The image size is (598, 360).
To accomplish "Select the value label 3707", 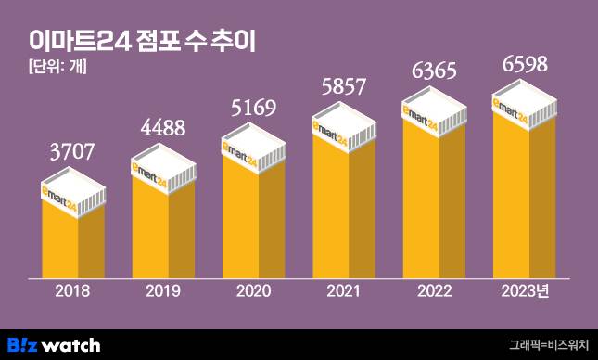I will point(72,151).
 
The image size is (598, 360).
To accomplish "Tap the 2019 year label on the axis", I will point(163,292).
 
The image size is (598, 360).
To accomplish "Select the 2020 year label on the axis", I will point(253,292).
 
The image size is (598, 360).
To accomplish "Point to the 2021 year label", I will point(344,292).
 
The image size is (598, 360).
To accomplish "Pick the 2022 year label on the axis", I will point(434,292).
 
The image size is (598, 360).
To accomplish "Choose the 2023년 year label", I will point(525,292).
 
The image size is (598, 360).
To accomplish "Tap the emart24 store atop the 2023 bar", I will point(524,104).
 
